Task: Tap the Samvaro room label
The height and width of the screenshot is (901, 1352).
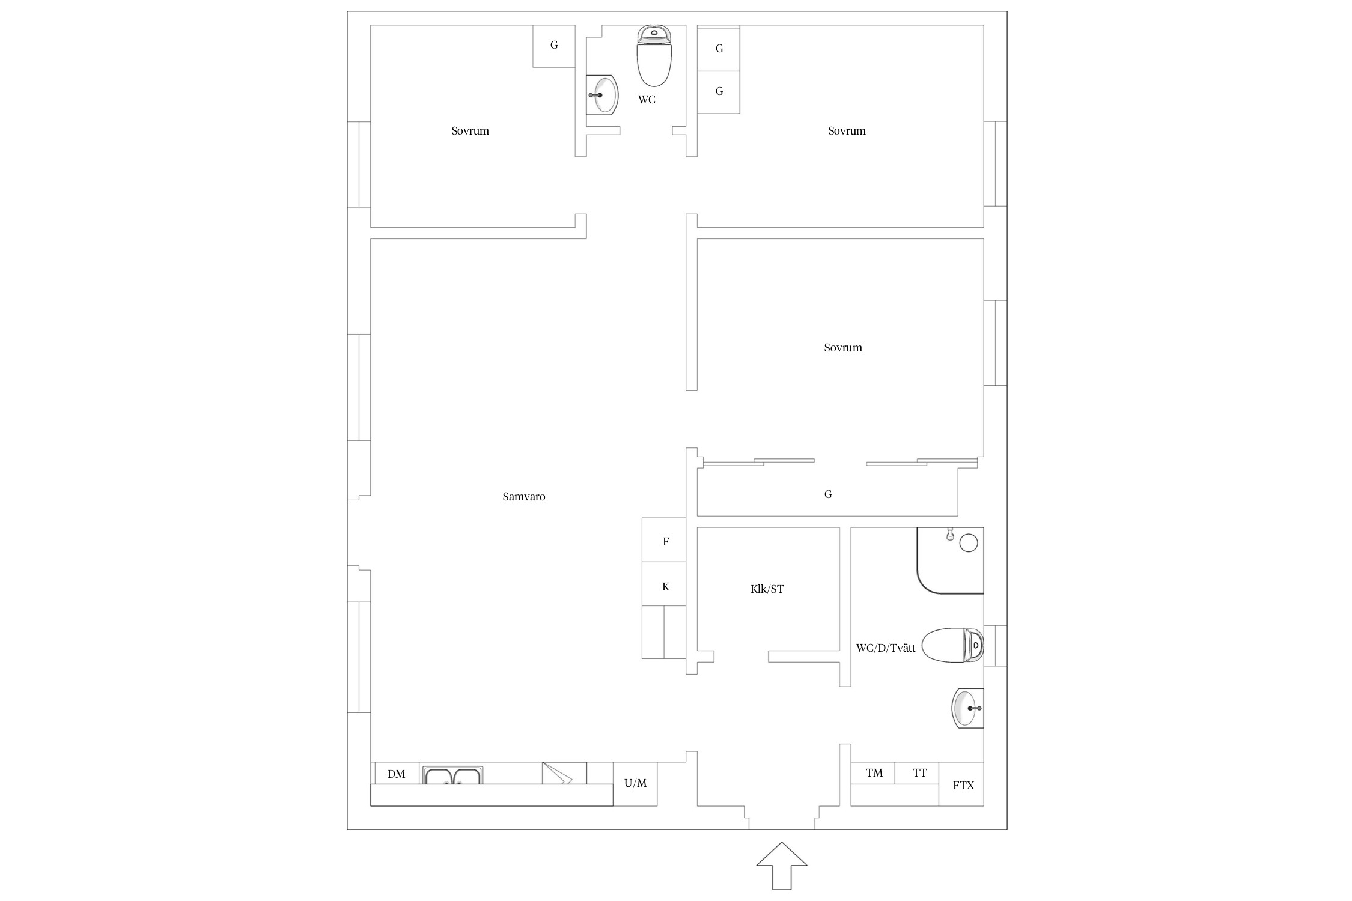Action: pos(524,497)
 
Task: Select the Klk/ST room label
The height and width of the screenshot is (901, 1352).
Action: pos(767,589)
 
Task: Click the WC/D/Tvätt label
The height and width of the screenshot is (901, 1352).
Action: pos(886,648)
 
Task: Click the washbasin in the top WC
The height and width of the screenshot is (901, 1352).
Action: pos(602,95)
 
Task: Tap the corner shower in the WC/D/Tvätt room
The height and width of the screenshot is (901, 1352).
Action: pos(950,560)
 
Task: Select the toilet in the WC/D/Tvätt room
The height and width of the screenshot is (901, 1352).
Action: pos(952,646)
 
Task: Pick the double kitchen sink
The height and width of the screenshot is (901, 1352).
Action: pos(452,775)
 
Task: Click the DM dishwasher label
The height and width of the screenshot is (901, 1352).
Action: pos(396,774)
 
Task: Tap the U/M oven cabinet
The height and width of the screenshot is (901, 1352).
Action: pos(635,784)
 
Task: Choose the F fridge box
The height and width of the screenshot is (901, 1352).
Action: pos(664,540)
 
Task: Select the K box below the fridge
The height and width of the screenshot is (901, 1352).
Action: pos(664,584)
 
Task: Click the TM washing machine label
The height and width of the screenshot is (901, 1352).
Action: pos(874,773)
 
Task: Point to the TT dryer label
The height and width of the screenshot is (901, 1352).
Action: pos(920,773)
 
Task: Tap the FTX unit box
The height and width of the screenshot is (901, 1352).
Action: pos(961,784)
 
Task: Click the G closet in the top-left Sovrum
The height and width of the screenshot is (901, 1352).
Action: pos(554,46)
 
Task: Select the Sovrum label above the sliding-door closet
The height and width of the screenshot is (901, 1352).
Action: pos(843,348)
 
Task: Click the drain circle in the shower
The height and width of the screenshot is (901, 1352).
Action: pos(969,543)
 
